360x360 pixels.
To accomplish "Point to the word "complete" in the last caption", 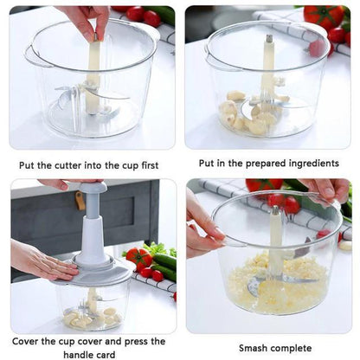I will pyautogui.click(x=293, y=348).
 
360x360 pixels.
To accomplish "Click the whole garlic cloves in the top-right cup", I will pyautogui.click(x=247, y=111).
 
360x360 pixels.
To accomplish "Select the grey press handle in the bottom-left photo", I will pyautogui.click(x=91, y=216).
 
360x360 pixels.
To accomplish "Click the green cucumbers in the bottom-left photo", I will pyautogui.click(x=164, y=264).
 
